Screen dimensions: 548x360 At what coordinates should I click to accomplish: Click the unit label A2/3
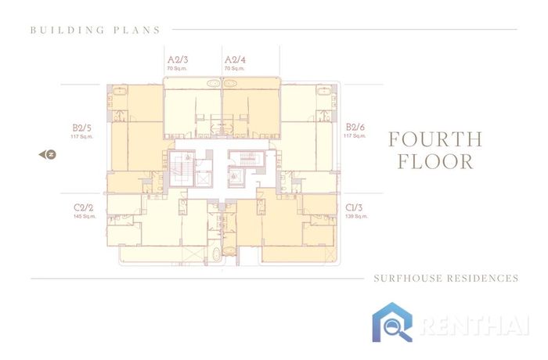(178, 59)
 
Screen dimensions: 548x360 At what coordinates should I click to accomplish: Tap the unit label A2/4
(235, 59)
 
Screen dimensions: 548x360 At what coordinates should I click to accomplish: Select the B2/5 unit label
(81, 128)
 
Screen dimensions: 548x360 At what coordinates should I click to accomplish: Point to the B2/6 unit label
(355, 127)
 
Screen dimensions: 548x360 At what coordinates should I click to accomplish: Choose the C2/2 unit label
(84, 207)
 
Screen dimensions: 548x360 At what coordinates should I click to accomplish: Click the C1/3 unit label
(354, 207)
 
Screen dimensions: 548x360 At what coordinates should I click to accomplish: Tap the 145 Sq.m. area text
(85, 216)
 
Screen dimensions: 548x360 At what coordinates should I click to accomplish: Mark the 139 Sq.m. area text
(356, 216)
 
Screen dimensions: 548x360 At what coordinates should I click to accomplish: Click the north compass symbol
(48, 154)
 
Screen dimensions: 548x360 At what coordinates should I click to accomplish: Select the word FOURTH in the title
(435, 139)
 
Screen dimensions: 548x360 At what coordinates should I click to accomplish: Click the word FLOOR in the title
(435, 161)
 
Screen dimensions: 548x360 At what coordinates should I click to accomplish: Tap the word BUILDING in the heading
(67, 30)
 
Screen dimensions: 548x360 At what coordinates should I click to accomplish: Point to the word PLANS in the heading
(137, 30)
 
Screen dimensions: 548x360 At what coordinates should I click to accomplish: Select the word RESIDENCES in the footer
(483, 278)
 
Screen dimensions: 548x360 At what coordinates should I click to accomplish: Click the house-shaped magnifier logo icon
(392, 322)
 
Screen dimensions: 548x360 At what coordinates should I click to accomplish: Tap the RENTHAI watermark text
(474, 326)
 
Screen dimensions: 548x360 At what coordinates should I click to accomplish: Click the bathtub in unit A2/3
(213, 84)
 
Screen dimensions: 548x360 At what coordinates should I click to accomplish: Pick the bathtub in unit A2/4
(230, 84)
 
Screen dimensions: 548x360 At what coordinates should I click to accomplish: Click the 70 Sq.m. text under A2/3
(177, 69)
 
